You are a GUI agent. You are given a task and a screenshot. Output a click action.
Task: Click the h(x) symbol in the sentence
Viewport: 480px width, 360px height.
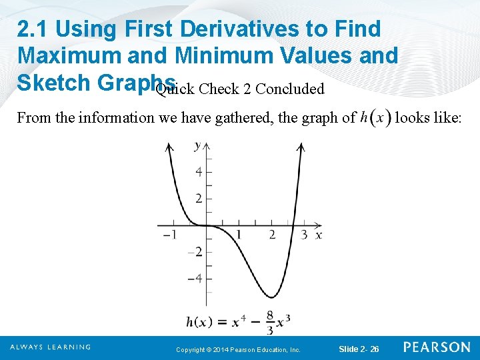375,119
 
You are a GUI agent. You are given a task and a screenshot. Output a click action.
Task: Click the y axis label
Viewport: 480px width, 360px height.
197,145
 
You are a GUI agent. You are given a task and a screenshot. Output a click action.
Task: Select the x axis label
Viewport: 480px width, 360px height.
319,235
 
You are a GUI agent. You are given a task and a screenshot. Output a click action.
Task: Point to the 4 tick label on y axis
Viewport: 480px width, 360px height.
198,172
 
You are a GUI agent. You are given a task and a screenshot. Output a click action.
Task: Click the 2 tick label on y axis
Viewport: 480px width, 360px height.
198,198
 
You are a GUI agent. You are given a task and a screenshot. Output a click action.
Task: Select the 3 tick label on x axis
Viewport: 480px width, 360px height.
304,235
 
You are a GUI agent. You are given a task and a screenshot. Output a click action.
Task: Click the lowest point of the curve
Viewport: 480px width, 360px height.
271,297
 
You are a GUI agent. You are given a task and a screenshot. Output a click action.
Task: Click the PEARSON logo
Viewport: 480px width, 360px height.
437,347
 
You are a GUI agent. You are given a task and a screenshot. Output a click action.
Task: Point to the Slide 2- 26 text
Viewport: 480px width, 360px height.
359,349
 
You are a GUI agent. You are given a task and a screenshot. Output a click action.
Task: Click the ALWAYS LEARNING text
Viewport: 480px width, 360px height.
50,347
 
